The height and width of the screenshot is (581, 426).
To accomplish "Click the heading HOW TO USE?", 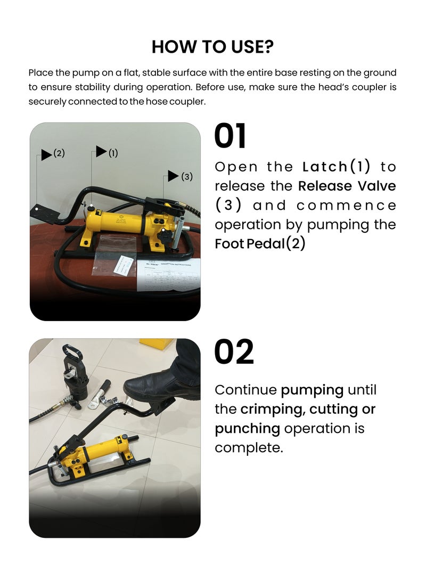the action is coord(212,47).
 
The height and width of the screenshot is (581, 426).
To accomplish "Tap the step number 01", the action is coord(230,136).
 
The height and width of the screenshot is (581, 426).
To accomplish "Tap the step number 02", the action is coord(234,351).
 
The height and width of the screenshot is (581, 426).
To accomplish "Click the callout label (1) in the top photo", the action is coord(113,153).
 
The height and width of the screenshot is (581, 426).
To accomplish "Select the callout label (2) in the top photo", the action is coord(59,153).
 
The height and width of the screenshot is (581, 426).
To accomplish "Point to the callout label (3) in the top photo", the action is coord(187,176).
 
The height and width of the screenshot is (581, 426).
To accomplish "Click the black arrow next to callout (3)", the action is coord(173,176).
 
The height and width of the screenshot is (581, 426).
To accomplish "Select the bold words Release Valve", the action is coord(347,186).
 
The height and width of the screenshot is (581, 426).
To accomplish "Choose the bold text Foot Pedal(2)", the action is coord(260,244).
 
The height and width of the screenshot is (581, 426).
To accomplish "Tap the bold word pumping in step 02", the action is coord(312,390).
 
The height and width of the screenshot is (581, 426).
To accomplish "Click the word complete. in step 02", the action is coord(249,448).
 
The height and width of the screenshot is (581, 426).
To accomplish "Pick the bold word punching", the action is coord(248,429).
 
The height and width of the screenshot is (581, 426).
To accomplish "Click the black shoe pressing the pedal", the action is coord(163,386).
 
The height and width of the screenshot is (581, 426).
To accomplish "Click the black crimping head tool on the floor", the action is coord(75,375).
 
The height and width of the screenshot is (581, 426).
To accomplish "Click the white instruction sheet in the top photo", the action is coord(169,275).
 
